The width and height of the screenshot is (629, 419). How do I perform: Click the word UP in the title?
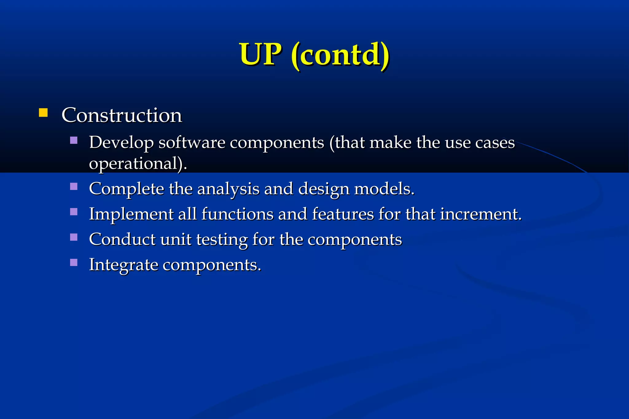(260, 54)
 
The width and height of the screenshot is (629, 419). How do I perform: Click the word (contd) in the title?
(340, 55)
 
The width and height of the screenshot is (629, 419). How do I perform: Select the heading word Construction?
(122, 115)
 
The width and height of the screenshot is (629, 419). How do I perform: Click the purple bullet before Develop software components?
(74, 141)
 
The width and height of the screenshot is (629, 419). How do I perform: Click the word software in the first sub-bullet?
(192, 143)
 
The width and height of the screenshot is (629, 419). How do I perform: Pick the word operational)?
(138, 164)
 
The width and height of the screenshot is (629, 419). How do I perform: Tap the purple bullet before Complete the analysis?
(74, 187)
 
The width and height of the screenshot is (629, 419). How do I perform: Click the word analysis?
(228, 189)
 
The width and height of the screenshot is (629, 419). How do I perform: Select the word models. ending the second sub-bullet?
(384, 189)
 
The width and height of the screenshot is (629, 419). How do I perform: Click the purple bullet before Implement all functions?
(74, 212)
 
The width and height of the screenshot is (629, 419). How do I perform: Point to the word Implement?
(131, 214)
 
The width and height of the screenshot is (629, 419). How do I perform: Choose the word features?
(343, 214)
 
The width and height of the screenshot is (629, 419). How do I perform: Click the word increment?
(481, 214)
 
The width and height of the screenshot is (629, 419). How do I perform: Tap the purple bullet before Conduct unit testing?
(74, 237)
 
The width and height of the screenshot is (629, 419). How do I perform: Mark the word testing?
(222, 240)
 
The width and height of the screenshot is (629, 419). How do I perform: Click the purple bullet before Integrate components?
(74, 262)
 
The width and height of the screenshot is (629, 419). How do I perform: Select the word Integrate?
(123, 265)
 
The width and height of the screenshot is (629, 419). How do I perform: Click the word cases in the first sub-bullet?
(495, 143)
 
